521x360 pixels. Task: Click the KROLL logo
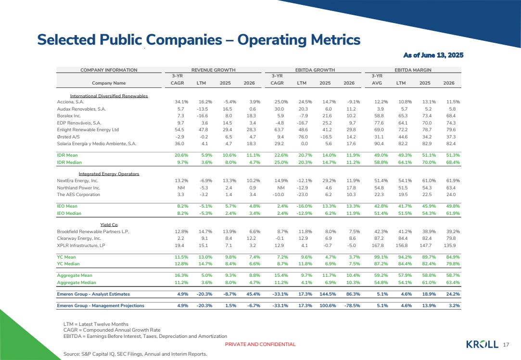click(x=482, y=345)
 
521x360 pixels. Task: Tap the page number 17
click(x=506, y=345)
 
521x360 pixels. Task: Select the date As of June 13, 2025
click(x=433, y=55)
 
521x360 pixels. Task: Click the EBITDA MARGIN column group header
click(x=413, y=70)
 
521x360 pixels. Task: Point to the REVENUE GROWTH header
click(x=213, y=70)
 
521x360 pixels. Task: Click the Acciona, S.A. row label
click(x=70, y=102)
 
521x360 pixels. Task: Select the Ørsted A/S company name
click(x=68, y=137)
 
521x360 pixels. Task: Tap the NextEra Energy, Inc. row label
click(x=77, y=181)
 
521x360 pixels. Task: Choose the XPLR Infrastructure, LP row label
click(x=81, y=246)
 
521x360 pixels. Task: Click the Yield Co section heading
click(x=109, y=225)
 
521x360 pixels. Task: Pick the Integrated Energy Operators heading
click(x=109, y=174)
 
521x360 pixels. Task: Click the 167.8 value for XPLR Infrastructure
click(x=378, y=246)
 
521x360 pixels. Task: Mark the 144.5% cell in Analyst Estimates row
click(x=328, y=294)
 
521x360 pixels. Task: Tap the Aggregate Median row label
click(x=76, y=283)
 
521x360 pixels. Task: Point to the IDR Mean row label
click(x=67, y=155)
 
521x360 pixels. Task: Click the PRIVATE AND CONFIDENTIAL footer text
click(x=260, y=345)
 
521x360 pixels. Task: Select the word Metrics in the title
click(x=336, y=39)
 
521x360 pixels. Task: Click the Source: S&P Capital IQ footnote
click(x=135, y=354)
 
